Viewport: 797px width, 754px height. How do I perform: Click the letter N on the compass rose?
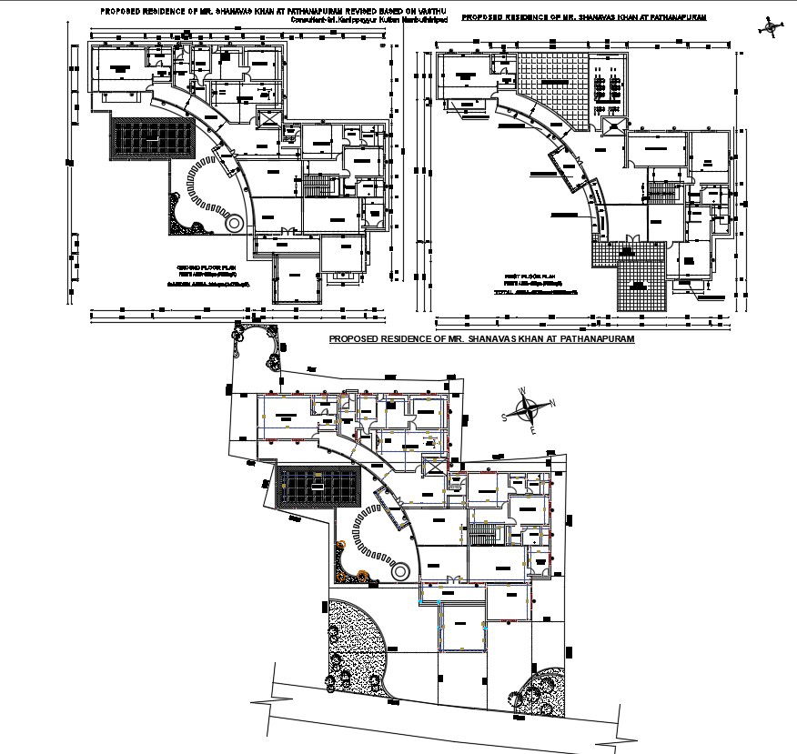coord(552,403)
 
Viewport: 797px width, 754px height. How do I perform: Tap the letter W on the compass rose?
coord(522,392)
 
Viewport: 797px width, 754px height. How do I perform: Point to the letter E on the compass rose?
coord(533,431)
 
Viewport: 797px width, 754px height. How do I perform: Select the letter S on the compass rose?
coord(505,417)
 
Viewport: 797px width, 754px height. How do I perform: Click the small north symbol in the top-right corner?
coord(771,28)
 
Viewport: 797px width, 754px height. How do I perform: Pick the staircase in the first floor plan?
coord(659,192)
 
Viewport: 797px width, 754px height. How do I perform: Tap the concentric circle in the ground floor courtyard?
coord(234,222)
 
